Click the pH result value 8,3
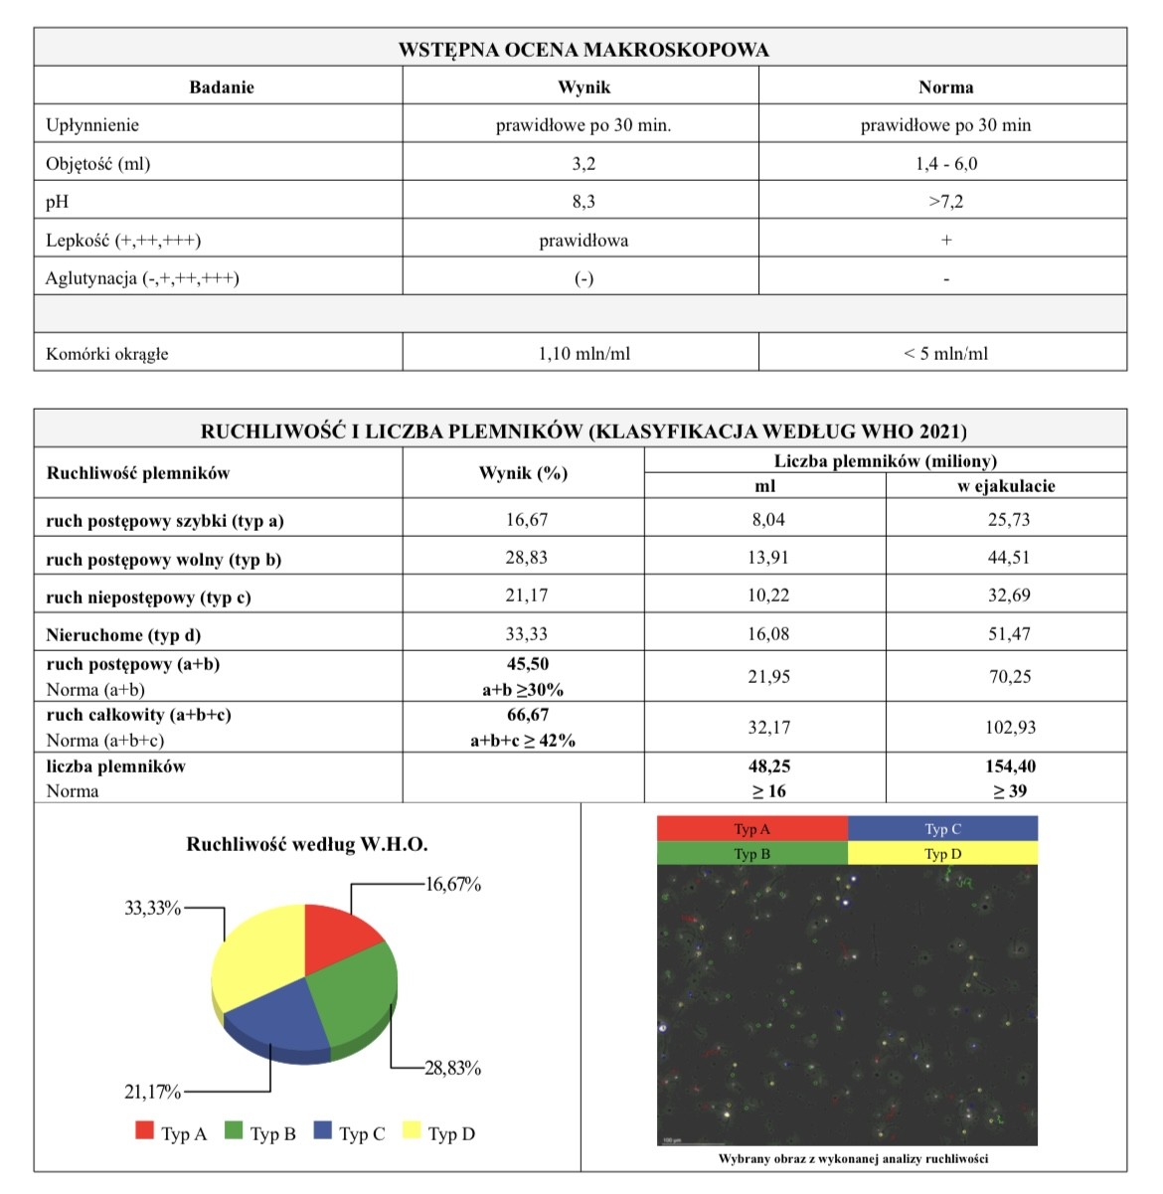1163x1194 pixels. point(583,202)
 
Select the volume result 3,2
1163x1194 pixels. point(583,164)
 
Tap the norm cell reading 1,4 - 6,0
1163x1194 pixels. point(945,164)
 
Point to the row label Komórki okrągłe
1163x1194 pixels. point(107,354)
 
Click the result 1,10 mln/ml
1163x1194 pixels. point(583,354)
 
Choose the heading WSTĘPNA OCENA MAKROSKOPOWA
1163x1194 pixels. point(583,50)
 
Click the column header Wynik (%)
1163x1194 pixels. point(523,473)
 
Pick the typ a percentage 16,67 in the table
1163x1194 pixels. point(526,520)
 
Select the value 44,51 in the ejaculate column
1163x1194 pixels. point(1009,558)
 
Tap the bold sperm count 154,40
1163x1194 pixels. point(1009,767)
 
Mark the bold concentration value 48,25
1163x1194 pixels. point(768,767)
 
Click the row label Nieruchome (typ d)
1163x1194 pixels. point(123,635)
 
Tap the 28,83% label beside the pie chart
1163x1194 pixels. point(453,1069)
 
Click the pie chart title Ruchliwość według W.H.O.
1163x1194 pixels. point(307,845)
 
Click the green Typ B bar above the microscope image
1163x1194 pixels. point(752,854)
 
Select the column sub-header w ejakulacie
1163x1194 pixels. point(1006,486)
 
